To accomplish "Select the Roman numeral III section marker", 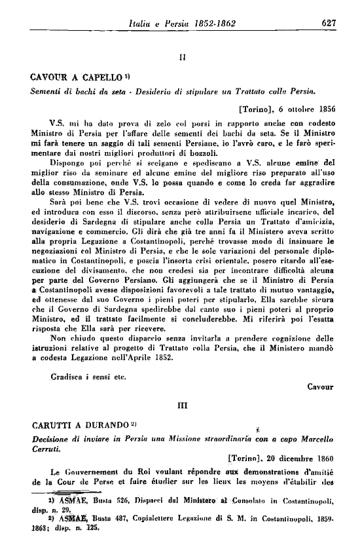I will [182, 405].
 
